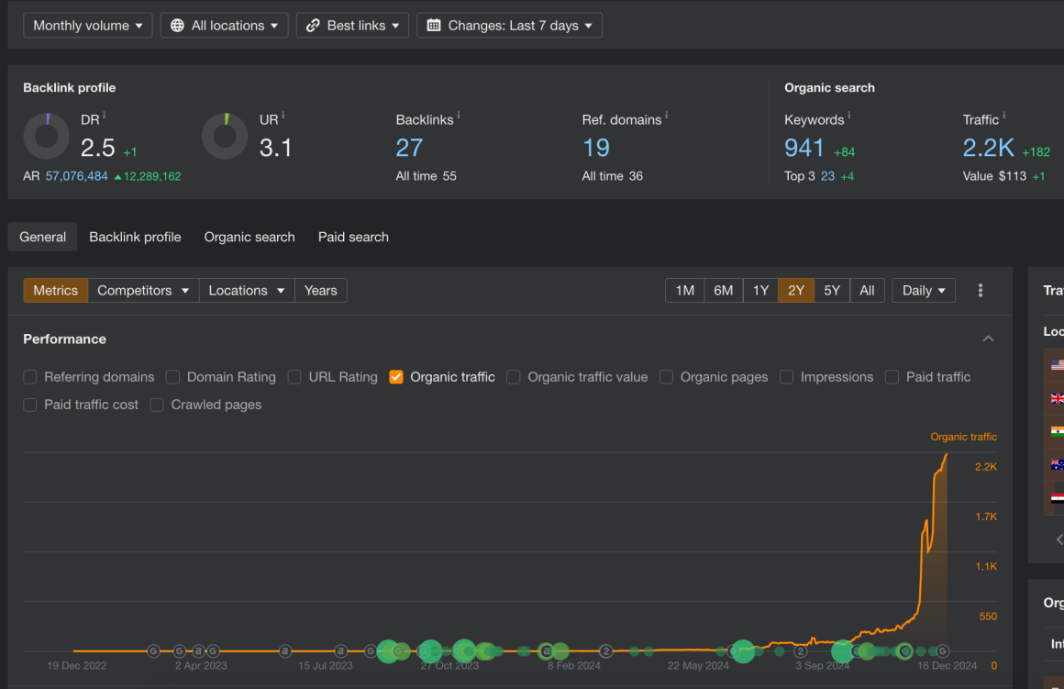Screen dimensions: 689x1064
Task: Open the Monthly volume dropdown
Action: [x=88, y=26]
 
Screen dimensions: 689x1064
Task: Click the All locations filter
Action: [x=224, y=26]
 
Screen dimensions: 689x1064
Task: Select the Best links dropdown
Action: [x=353, y=26]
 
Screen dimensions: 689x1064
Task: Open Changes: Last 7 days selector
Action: [x=509, y=26]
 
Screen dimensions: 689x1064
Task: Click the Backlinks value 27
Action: [x=409, y=148]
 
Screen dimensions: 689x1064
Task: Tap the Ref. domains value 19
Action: [x=596, y=148]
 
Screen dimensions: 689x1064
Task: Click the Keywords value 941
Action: [x=804, y=148]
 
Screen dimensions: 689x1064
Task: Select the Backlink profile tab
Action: [x=135, y=237]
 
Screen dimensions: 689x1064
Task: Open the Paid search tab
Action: [x=353, y=237]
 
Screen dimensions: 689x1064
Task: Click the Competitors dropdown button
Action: [x=143, y=291]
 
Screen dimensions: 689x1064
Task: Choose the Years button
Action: [x=320, y=291]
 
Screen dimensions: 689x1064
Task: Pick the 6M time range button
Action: [x=724, y=291]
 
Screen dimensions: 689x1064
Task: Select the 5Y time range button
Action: [x=832, y=291]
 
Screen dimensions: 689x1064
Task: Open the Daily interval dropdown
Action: [x=924, y=291]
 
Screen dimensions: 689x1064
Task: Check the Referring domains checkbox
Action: [x=30, y=377]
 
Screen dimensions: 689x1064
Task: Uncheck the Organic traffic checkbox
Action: [x=396, y=377]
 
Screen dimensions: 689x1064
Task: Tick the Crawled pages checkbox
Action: [x=157, y=405]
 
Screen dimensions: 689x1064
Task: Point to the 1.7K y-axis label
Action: [x=986, y=517]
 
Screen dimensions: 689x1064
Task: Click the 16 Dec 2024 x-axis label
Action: [x=948, y=666]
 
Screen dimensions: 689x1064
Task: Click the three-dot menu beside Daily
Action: [x=981, y=291]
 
